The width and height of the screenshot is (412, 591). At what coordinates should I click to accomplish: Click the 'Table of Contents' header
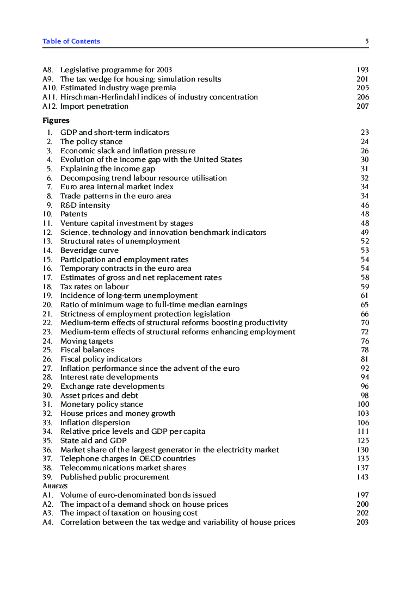(x=71, y=41)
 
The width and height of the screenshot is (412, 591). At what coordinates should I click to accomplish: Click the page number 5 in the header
(x=367, y=41)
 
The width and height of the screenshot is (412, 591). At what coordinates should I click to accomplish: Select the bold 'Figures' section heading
(x=56, y=121)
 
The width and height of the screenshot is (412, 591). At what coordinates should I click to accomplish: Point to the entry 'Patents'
(x=73, y=214)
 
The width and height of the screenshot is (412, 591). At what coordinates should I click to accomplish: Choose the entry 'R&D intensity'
(x=85, y=205)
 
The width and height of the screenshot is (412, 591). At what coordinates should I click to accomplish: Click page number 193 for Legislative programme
(x=362, y=70)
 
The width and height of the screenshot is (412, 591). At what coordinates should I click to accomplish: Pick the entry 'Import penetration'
(x=94, y=106)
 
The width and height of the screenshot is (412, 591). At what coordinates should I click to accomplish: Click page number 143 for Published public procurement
(x=362, y=477)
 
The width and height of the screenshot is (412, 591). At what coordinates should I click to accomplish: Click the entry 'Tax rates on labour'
(x=94, y=287)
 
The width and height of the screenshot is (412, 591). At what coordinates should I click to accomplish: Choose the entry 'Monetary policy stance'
(x=102, y=405)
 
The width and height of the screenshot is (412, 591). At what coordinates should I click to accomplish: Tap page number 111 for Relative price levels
(x=363, y=432)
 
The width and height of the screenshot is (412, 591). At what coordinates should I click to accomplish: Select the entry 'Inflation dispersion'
(x=95, y=422)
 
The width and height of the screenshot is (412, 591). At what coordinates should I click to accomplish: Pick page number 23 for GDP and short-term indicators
(x=365, y=132)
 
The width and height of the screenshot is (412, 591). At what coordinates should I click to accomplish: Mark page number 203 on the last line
(x=362, y=522)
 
